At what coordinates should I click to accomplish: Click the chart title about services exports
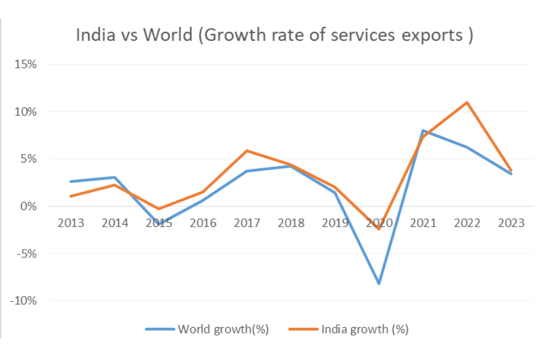(x=274, y=35)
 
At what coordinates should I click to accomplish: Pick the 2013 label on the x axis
(x=71, y=223)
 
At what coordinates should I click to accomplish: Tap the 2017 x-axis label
(x=247, y=223)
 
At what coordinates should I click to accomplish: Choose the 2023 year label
(x=511, y=223)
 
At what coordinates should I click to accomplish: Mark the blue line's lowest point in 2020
(x=379, y=283)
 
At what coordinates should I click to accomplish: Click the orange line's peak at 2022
(x=467, y=103)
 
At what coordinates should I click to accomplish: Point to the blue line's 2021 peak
(x=423, y=131)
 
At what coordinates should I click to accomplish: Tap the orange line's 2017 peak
(x=247, y=151)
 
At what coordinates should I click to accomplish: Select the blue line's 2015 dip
(x=159, y=224)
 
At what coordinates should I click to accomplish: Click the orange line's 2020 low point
(x=379, y=229)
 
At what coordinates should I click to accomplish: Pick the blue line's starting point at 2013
(x=71, y=181)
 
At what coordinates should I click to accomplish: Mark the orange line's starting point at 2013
(x=71, y=196)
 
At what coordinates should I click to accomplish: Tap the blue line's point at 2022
(x=467, y=148)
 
